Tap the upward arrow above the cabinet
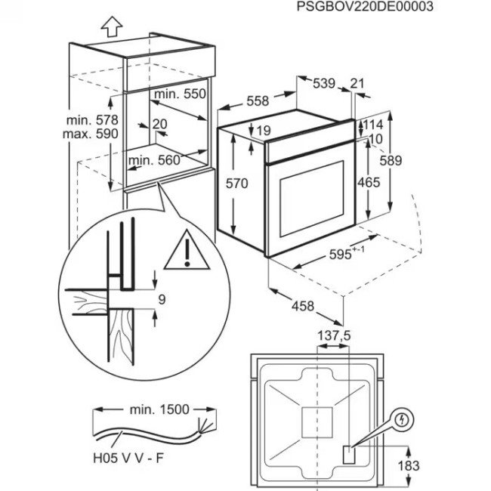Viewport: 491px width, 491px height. point(111,26)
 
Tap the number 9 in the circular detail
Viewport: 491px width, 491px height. point(161,300)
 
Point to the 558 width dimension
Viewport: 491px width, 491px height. point(258,101)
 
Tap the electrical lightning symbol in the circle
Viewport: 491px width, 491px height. point(404,418)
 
